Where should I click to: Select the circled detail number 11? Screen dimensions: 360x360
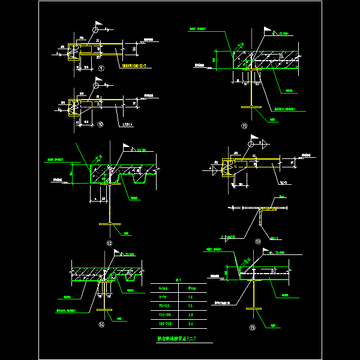click(x=244, y=125)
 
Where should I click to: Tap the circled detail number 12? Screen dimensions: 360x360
click(x=109, y=242)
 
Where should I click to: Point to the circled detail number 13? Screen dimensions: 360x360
click(x=258, y=242)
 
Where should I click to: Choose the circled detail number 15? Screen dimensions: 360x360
click(x=252, y=328)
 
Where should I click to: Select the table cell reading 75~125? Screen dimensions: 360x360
click(x=164, y=306)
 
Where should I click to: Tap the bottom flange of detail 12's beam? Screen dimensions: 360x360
click(x=110, y=224)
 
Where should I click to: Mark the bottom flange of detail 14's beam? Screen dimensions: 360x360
click(x=106, y=310)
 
